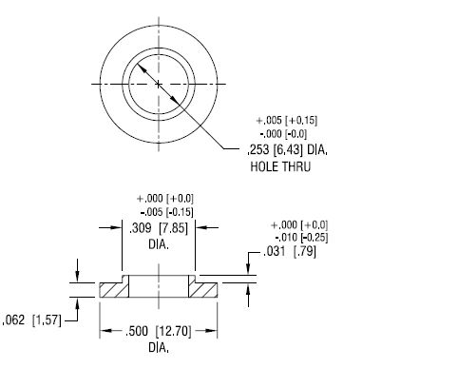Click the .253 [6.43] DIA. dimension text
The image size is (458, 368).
coord(287,149)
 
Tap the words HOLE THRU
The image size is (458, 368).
coord(280,166)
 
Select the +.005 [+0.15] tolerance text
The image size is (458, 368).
coord(287,121)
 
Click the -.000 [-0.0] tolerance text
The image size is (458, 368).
coord(283,134)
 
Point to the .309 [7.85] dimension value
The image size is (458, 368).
coord(159,228)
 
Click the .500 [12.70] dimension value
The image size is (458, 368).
coord(159,331)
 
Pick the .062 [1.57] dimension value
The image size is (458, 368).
coord(31,320)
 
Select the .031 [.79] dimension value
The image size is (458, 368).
coord(290,252)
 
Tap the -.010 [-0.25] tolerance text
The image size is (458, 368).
coord(301,238)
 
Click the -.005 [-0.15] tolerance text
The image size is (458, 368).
coord(166,212)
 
